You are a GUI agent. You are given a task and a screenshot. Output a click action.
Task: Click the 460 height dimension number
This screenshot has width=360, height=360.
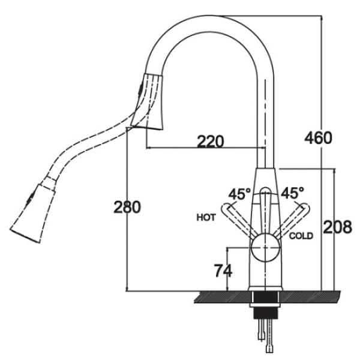318,138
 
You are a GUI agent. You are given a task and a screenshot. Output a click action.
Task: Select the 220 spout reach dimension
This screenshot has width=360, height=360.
211,141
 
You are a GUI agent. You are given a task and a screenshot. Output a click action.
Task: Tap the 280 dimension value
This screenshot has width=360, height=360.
127,207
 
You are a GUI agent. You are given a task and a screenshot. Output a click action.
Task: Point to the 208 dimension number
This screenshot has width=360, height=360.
337,227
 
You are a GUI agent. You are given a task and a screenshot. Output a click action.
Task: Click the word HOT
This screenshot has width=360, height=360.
206,217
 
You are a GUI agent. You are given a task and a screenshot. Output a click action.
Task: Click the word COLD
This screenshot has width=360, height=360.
301,236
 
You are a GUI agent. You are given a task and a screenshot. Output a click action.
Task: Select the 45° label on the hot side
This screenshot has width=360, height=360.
239,194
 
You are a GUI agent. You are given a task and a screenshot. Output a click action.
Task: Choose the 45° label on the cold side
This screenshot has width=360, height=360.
292,193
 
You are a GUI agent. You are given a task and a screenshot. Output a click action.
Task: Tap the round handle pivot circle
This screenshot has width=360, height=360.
266,248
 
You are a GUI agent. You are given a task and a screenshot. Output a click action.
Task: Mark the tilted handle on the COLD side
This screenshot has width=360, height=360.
292,220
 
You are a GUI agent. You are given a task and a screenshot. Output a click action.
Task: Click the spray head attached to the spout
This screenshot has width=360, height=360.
148,102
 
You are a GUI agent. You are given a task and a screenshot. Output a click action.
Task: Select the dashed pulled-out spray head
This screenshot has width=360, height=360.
33,214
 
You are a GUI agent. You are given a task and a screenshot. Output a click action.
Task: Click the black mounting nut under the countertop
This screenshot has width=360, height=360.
266,313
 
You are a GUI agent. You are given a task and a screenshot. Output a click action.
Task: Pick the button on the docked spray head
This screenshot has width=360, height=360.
140,89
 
